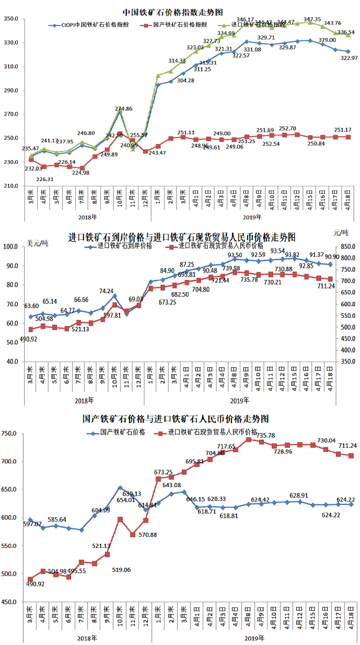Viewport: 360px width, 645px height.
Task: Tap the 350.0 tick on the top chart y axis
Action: coord(12,19)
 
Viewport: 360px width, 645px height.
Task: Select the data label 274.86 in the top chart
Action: coord(123,109)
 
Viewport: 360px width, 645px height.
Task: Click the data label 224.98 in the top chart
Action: coord(82,173)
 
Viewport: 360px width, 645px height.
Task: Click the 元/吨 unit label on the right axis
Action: coord(341,233)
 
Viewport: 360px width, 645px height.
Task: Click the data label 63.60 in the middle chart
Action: coord(32,306)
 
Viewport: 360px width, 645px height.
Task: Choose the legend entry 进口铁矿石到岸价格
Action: coord(124,245)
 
